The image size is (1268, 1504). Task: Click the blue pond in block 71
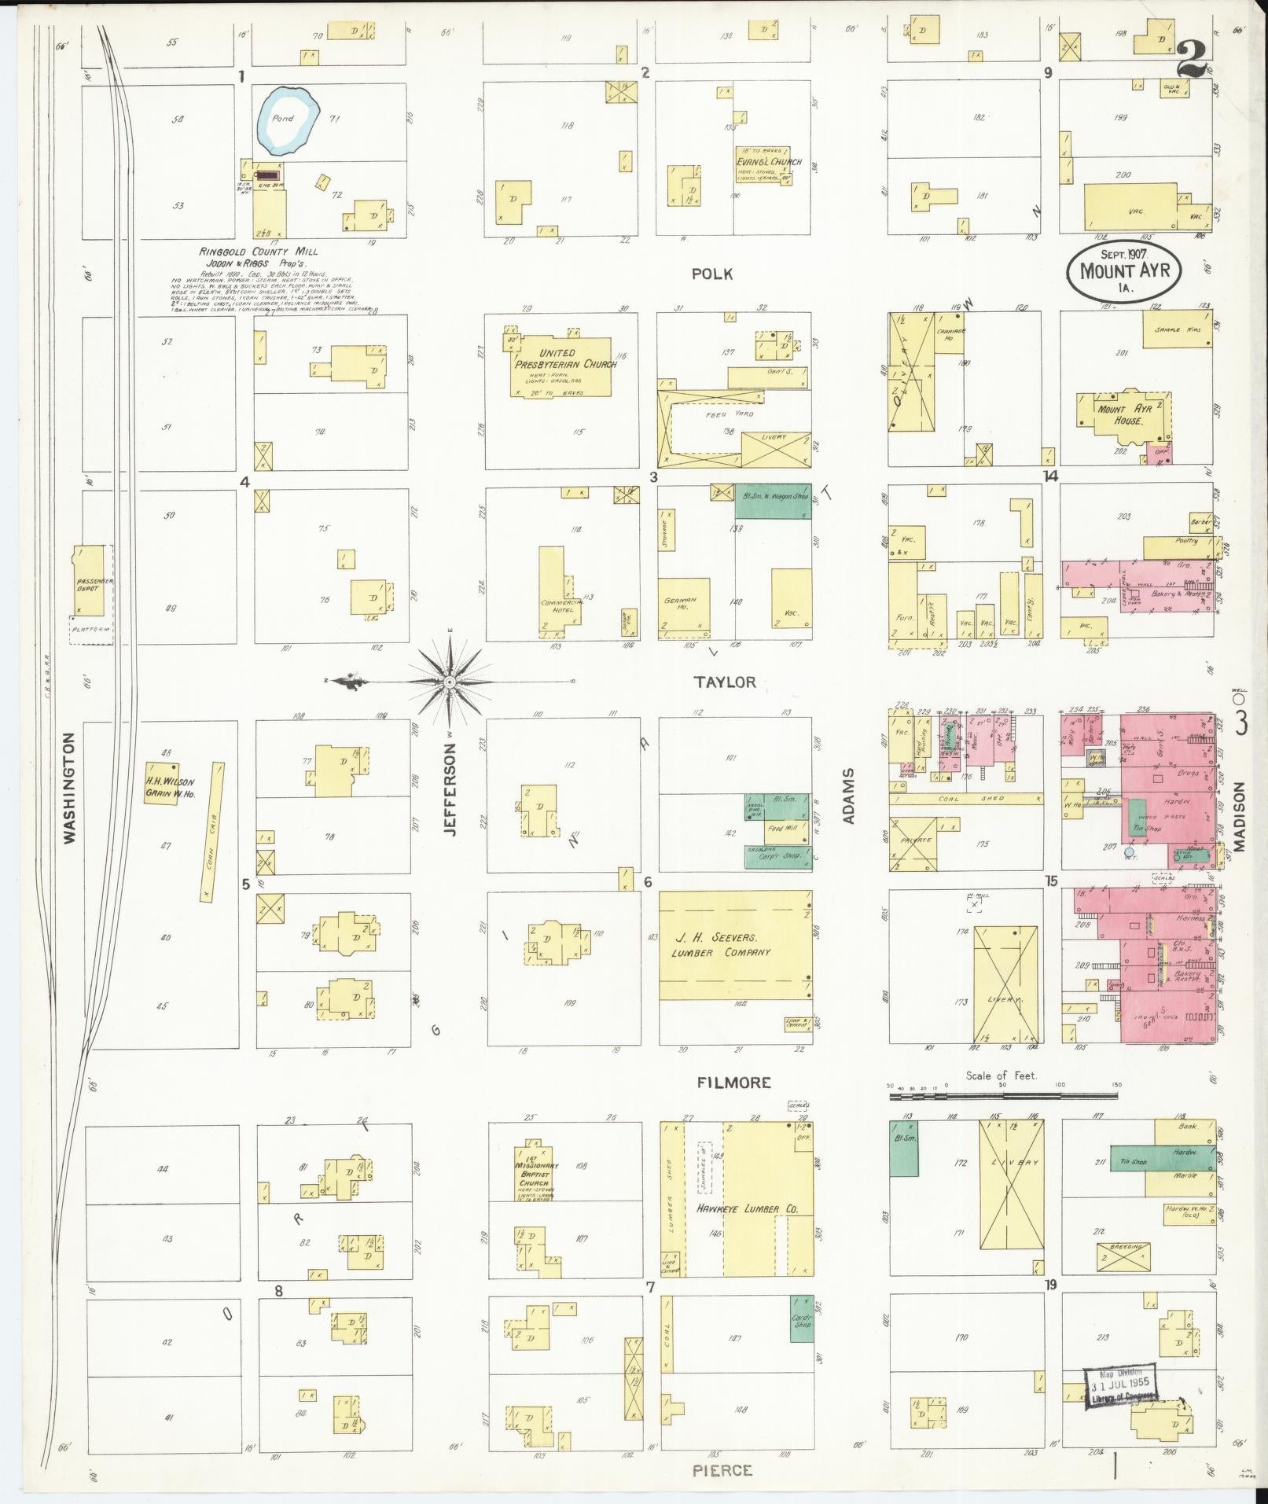(x=285, y=121)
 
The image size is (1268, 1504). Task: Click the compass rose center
(x=450, y=682)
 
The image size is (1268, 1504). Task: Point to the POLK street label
(x=712, y=274)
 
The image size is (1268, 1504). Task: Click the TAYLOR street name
(x=723, y=682)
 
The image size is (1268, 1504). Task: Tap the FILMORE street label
(x=733, y=1083)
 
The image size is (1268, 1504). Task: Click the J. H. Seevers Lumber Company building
(x=734, y=945)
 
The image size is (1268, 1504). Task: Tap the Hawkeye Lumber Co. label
(x=747, y=1209)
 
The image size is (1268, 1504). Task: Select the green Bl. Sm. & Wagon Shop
(x=773, y=501)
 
